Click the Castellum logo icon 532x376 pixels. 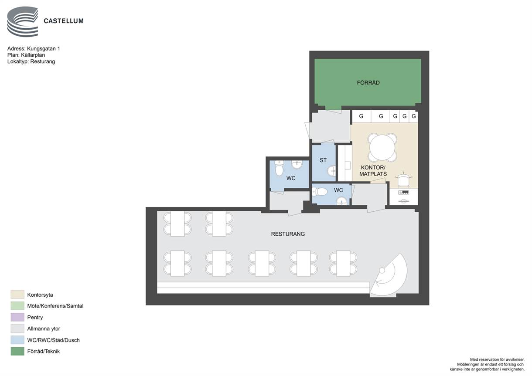click(23, 22)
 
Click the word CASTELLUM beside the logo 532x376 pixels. click(64, 21)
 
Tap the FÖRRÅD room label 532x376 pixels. click(368, 83)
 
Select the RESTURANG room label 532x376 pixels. click(288, 234)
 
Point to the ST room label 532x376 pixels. click(323, 160)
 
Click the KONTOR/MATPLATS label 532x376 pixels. click(373, 171)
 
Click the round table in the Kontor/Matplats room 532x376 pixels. click(382, 147)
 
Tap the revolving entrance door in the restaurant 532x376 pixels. click(388, 275)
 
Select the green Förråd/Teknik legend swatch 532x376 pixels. click(17, 351)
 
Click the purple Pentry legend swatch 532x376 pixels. click(17, 317)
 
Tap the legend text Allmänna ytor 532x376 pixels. click(44, 329)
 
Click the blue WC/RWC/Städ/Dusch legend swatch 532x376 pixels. click(17, 340)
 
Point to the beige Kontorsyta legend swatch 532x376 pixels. click(17, 295)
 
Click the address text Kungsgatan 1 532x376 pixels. click(44, 49)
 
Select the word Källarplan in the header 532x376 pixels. click(33, 55)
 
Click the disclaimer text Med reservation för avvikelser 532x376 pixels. click(497, 359)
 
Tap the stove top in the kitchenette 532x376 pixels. click(403, 193)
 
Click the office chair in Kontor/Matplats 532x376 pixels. click(403, 180)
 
